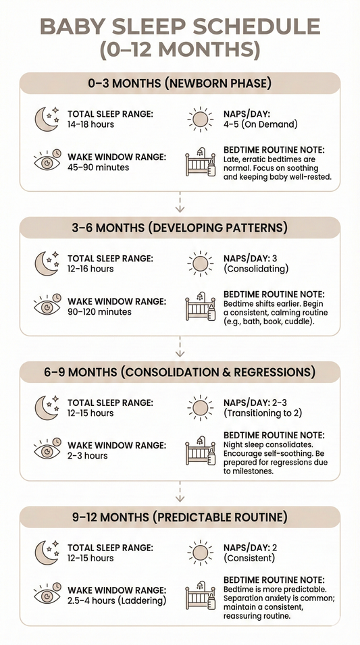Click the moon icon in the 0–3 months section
point(47,119)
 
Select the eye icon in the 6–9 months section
point(47,450)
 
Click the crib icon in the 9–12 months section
point(201,594)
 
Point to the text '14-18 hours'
point(91,124)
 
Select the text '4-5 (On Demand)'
point(260,124)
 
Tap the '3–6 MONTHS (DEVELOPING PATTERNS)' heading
point(180,228)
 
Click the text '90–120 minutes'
point(99,312)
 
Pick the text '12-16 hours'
point(91,269)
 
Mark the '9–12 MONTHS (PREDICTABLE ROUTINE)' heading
point(180,517)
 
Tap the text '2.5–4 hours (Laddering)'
point(117,600)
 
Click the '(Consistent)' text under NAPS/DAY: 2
point(249,558)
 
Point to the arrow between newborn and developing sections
point(180,201)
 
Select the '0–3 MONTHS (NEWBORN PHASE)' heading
point(180,84)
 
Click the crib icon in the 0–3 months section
point(201,162)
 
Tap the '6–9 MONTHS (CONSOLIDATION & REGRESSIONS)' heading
point(180,372)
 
